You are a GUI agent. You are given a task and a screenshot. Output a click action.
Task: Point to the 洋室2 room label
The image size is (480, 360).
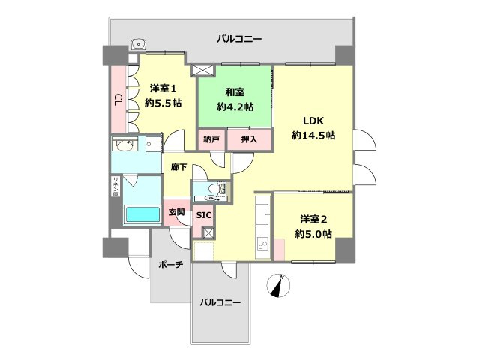click(313, 220)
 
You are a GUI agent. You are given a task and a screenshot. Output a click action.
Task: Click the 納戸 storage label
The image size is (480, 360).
click(211, 139)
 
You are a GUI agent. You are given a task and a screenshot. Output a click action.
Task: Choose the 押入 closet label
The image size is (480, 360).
click(248, 139)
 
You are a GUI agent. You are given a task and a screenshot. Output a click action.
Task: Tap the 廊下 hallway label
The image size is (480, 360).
click(178, 169)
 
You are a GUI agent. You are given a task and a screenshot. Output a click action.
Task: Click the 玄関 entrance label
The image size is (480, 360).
click(176, 214)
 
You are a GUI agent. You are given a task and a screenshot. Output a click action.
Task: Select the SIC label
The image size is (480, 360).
click(203, 216)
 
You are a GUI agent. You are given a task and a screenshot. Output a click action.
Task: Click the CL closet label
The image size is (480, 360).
click(118, 99)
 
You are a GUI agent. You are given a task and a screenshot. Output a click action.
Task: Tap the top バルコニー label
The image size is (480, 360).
click(239, 38)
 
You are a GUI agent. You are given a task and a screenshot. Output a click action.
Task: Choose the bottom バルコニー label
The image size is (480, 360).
click(220, 302)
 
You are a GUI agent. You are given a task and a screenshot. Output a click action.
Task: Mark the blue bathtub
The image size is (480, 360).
click(142, 214)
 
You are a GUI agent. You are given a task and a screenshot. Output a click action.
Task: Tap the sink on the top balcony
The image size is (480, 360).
click(138, 44)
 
